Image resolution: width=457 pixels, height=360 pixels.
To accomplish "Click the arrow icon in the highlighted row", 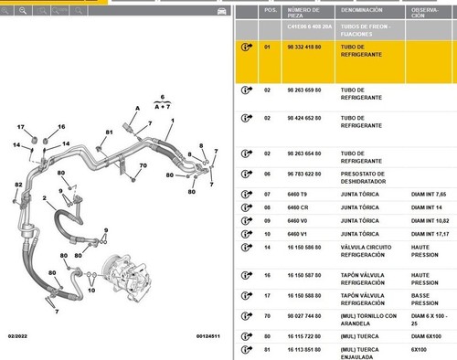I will [245, 48].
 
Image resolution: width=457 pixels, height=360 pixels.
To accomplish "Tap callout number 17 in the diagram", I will [20, 126].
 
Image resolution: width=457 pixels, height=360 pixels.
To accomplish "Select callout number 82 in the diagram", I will [17, 186].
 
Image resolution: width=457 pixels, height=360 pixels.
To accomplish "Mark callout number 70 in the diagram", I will [143, 165].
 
